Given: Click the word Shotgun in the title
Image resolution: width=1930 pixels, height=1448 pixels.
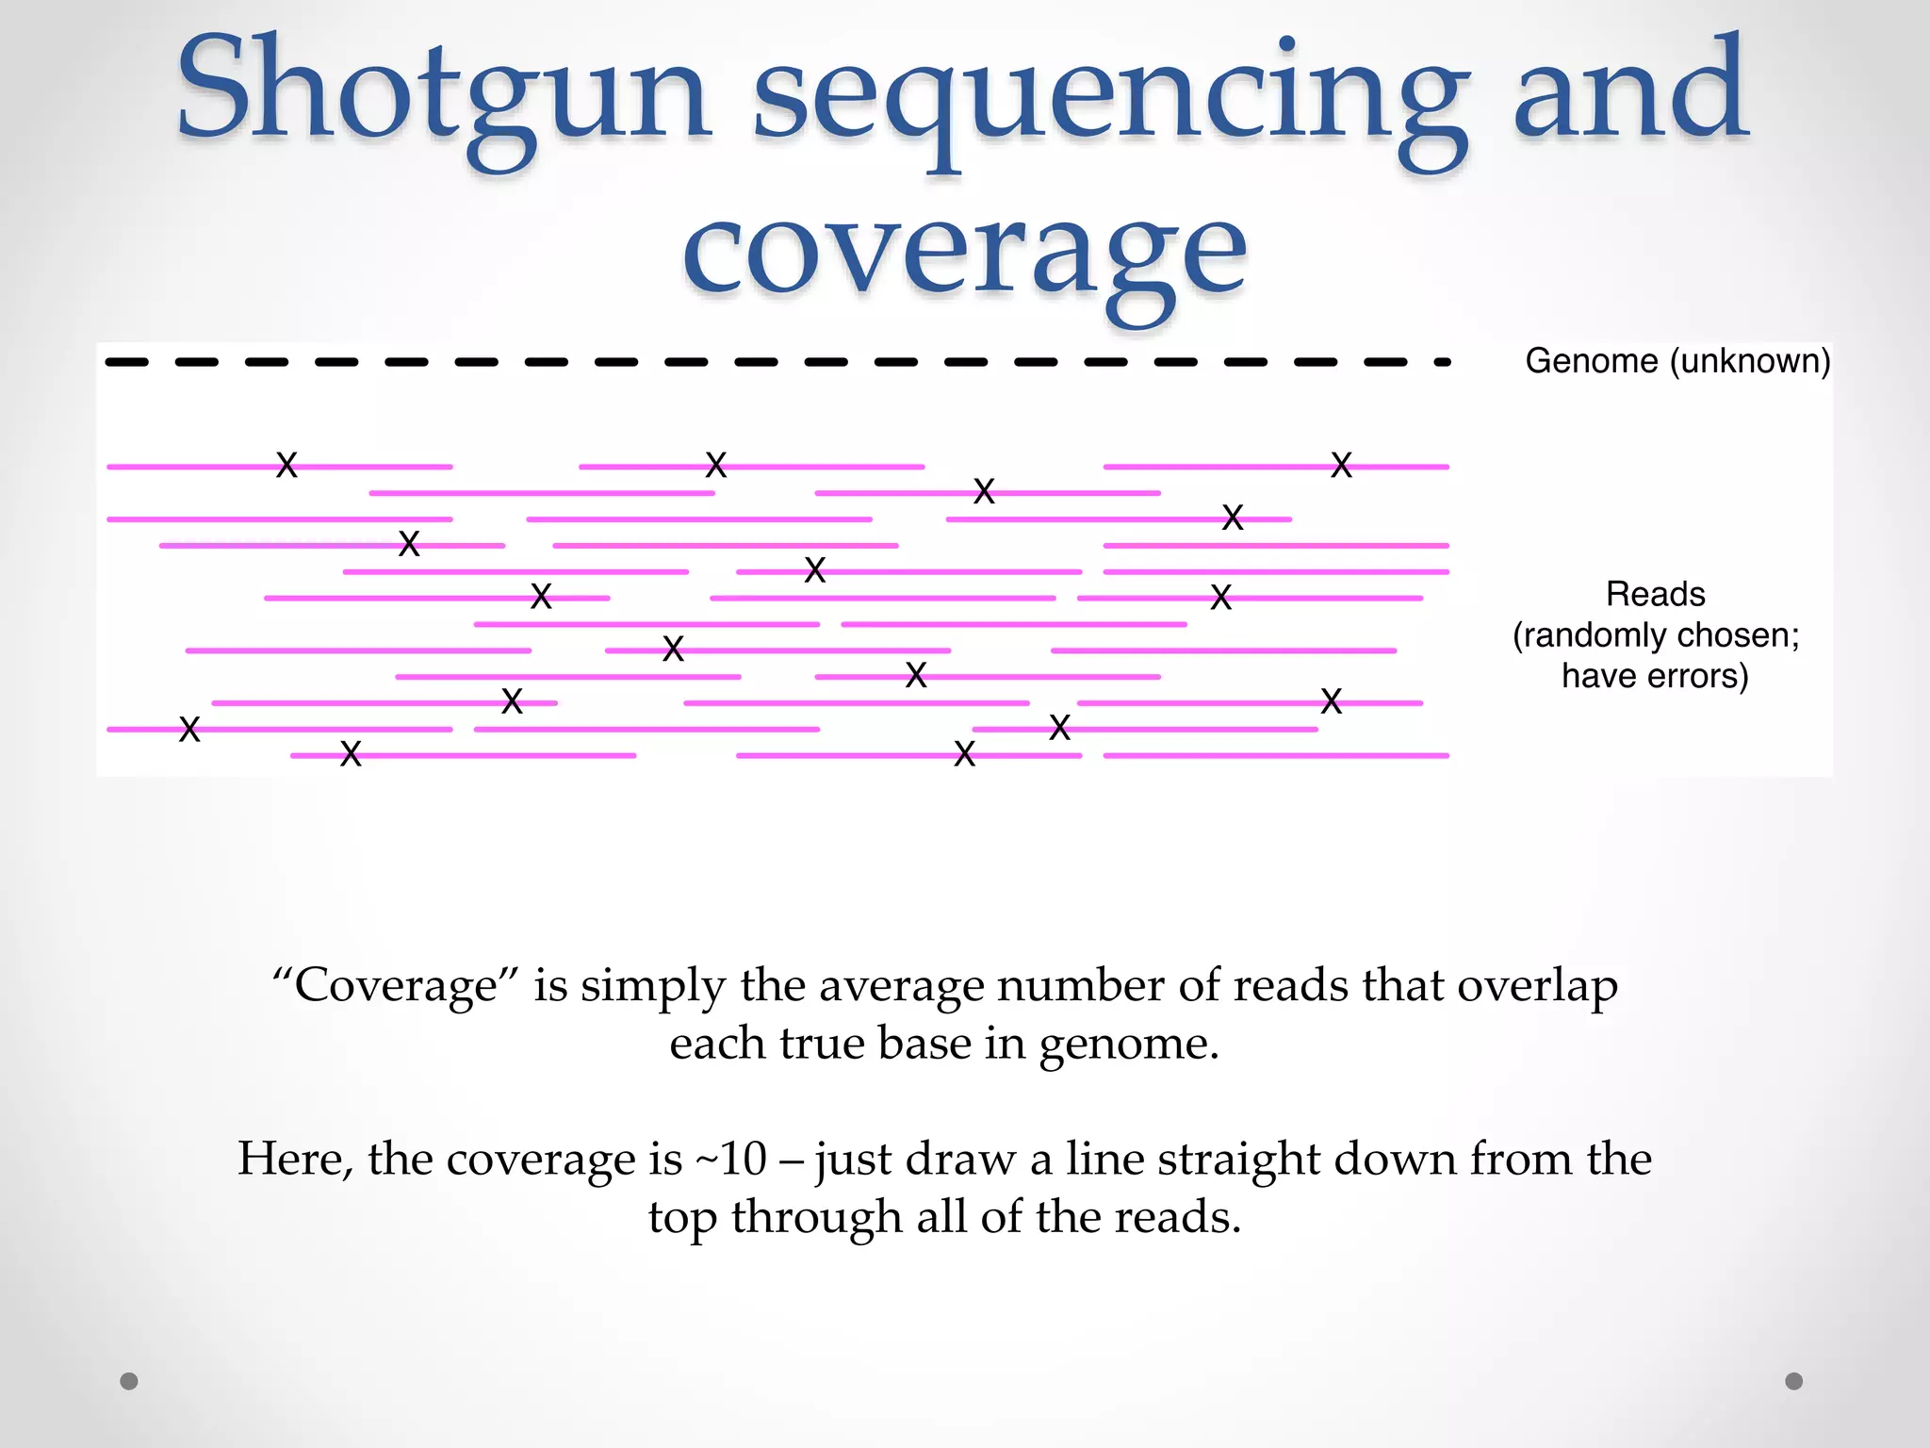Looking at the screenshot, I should point(443,94).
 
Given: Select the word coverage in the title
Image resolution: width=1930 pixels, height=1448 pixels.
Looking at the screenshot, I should point(965,255).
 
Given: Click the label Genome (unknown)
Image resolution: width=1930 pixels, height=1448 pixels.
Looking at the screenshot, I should point(1677,361).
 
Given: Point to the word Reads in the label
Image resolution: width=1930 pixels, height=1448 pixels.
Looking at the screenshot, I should point(1655,595).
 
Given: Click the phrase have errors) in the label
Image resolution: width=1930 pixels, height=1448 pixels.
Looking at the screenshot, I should point(1655,676).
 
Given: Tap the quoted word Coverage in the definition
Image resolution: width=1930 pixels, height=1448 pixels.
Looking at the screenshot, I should point(396,986).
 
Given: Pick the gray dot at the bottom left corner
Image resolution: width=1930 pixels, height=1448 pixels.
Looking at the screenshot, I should point(129,1381).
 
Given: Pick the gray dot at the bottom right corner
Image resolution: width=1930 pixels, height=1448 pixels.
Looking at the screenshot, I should point(1794,1381).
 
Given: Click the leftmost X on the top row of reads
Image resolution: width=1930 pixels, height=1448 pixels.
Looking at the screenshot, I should point(286,465).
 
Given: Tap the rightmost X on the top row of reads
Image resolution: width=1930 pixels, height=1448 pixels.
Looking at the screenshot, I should point(1341,465).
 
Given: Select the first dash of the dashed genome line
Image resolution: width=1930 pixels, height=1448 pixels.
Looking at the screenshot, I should point(127,362).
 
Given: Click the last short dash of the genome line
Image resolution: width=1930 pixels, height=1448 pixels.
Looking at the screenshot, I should point(1442,362).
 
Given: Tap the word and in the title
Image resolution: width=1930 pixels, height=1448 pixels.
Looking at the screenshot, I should point(1630,94).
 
